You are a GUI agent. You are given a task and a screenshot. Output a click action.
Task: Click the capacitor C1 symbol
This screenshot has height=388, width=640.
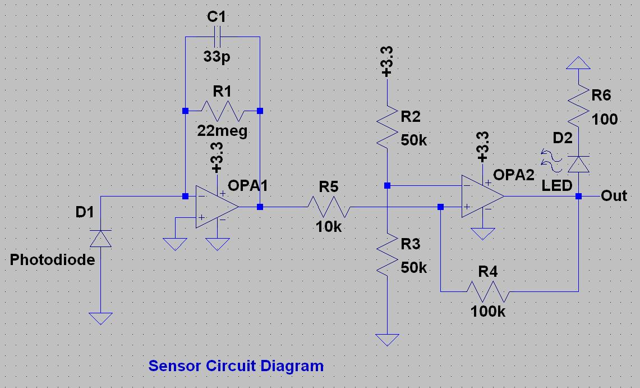coord(217,36)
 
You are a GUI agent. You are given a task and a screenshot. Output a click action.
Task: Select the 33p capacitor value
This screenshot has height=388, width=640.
coord(217,56)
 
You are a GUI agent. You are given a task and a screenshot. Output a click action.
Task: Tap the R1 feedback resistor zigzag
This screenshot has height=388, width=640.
coord(223,111)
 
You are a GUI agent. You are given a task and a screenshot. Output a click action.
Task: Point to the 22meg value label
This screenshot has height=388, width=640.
coord(222,131)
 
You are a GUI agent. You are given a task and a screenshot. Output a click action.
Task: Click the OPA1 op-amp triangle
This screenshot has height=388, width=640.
coord(217,207)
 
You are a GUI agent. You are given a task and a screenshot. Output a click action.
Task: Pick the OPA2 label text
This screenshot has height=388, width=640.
coord(513,175)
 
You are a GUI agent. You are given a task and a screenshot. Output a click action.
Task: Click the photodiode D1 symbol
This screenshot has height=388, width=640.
coord(100,239)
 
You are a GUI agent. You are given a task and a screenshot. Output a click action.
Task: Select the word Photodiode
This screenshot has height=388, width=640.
coord(52,260)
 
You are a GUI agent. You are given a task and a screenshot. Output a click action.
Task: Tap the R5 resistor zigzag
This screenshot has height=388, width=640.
coord(329,207)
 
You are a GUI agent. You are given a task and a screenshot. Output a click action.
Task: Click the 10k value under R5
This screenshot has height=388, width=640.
coord(329,227)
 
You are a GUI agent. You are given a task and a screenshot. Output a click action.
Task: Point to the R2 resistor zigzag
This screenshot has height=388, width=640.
coord(387,126)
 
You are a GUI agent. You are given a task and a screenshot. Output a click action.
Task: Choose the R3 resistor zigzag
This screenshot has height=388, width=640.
coord(387,254)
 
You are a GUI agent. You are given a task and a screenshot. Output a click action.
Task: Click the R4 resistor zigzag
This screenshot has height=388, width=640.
coord(488,291)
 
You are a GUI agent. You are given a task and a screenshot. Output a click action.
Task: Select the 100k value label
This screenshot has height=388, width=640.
coord(488,312)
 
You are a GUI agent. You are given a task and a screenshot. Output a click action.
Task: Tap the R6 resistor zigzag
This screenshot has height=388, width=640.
coord(578,106)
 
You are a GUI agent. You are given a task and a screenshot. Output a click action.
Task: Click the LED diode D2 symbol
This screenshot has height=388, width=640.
coord(578,164)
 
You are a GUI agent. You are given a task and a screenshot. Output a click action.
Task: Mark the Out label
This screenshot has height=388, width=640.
coord(614,195)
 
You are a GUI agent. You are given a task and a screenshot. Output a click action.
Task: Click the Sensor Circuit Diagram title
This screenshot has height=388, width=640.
coord(236,366)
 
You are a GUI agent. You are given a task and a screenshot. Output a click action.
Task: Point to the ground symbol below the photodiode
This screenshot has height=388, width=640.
coord(100,318)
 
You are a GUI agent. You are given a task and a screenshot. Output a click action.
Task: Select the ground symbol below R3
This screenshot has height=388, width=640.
coord(387,340)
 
